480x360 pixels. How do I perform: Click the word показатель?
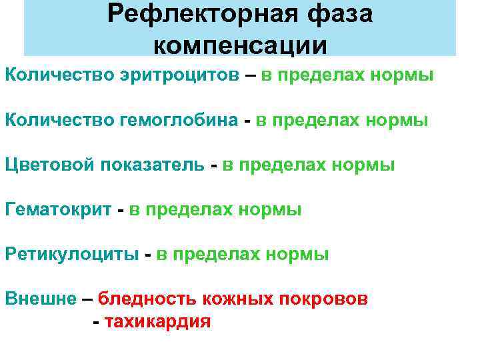[x=153, y=165]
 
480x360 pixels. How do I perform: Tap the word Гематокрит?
[x=58, y=210]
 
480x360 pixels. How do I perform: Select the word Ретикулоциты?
[x=73, y=255]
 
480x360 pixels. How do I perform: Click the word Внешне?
[x=41, y=298]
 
